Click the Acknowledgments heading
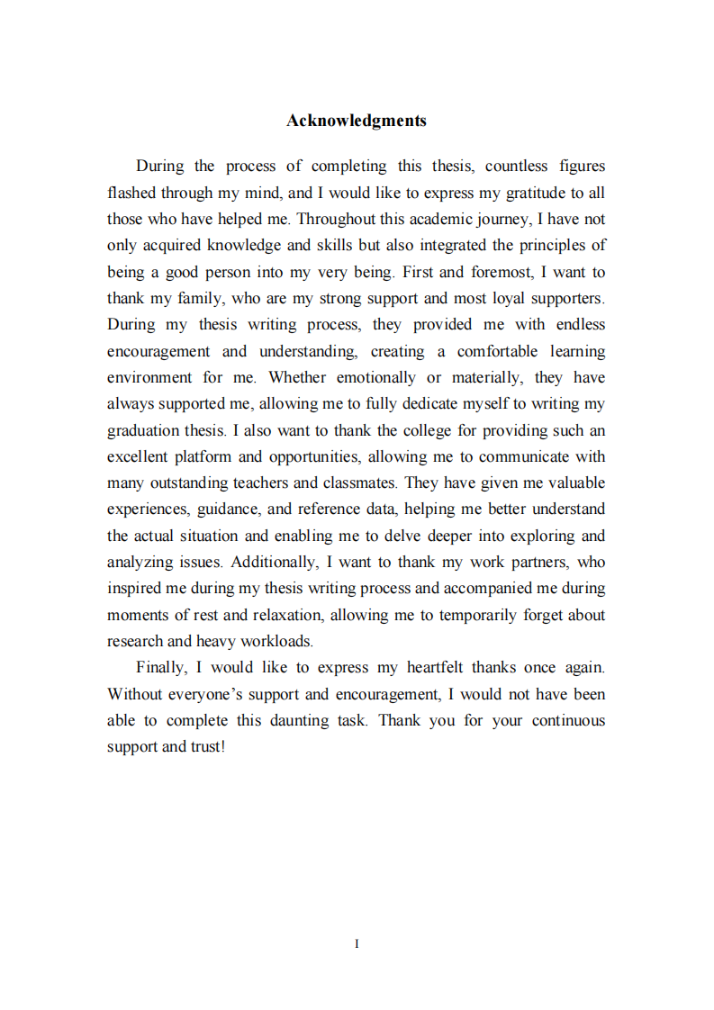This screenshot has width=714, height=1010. [x=357, y=121]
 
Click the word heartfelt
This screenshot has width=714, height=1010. [x=436, y=668]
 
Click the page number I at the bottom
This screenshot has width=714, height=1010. [x=357, y=943]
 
